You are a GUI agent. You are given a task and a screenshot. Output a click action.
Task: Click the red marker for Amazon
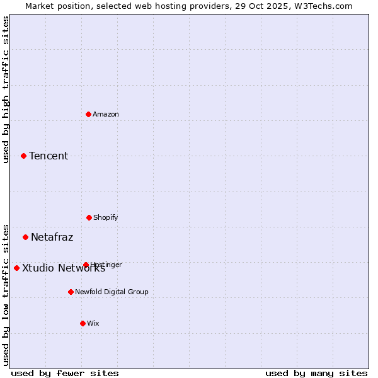[88, 114]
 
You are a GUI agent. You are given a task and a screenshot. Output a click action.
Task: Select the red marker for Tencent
[23, 156]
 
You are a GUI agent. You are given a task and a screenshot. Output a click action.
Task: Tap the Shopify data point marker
[89, 217]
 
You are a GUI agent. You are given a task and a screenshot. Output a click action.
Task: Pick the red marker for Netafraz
[25, 237]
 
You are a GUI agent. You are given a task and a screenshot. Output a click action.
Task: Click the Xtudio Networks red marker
[16, 268]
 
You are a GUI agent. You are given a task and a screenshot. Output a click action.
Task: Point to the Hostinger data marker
[86, 265]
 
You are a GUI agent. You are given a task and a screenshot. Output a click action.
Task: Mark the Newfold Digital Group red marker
[71, 292]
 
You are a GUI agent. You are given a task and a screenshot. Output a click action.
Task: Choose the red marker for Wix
[83, 323]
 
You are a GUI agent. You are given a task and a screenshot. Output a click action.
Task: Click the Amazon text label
[106, 114]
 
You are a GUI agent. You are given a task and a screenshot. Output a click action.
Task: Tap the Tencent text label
[49, 156]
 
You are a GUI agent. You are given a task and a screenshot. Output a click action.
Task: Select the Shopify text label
[106, 217]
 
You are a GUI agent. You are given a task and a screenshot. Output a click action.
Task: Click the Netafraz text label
[52, 237]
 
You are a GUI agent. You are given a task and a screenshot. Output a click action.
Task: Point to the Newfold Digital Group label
[112, 292]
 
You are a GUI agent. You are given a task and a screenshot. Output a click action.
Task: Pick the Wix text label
[93, 323]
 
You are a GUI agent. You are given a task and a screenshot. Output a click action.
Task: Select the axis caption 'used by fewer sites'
[65, 373]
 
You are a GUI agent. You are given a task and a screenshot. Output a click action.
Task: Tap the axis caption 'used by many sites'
[316, 373]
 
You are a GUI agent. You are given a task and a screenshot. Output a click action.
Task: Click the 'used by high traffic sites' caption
[6, 89]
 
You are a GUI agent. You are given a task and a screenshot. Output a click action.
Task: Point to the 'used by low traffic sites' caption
[6, 294]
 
